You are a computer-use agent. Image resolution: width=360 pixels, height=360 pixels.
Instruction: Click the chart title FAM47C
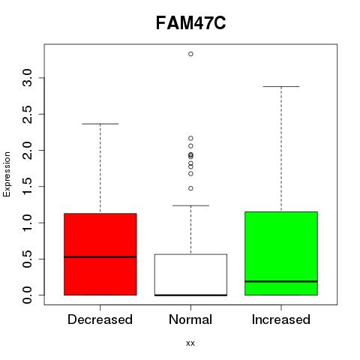click(190, 23)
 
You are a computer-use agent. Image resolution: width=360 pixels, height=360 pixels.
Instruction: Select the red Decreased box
click(100, 254)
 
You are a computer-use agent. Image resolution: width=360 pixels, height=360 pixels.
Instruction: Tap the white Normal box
click(190, 274)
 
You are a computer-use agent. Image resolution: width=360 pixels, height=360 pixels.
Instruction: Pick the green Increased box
click(281, 253)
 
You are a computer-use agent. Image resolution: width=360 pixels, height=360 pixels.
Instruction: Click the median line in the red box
click(100, 257)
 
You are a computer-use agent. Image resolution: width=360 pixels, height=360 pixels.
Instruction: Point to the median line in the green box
click(281, 281)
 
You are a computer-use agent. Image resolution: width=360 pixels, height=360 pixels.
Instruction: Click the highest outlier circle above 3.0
click(190, 54)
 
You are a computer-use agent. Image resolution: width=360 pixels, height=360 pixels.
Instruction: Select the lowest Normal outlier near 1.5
click(190, 188)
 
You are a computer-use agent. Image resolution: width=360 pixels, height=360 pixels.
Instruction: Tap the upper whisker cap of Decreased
click(100, 124)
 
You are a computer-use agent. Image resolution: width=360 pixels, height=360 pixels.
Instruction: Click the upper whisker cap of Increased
click(281, 87)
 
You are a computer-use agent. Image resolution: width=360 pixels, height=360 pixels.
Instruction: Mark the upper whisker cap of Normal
click(190, 205)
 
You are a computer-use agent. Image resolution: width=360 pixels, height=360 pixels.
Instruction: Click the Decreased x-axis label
click(100, 319)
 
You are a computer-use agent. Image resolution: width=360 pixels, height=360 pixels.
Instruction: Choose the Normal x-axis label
click(190, 319)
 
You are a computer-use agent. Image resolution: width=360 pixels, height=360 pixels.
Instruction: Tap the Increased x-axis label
click(281, 319)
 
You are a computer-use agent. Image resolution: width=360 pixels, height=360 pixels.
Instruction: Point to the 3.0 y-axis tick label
click(27, 78)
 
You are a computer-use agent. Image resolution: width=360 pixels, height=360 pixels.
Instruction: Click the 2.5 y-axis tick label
click(27, 114)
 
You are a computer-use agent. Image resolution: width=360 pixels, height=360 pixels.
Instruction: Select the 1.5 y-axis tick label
click(27, 187)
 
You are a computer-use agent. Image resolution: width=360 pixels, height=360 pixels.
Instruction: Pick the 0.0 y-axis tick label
click(27, 295)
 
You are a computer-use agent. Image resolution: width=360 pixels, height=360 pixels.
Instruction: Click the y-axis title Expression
click(7, 174)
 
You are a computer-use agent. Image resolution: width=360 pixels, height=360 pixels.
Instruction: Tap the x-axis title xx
click(190, 343)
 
